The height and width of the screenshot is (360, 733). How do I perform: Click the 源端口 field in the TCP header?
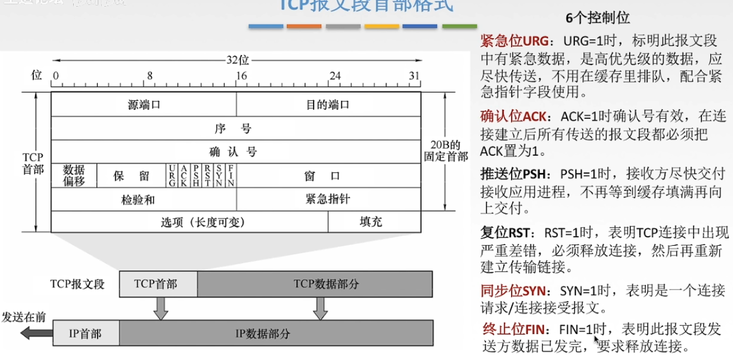(x=144, y=104)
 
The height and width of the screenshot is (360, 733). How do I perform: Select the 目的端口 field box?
(x=328, y=104)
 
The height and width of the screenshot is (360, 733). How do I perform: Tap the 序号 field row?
(x=235, y=128)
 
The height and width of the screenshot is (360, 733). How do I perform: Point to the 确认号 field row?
(x=235, y=151)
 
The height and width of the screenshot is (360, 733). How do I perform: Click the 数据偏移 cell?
(x=74, y=175)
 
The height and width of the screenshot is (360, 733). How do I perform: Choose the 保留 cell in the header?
(x=132, y=175)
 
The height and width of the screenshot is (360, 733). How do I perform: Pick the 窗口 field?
(x=328, y=175)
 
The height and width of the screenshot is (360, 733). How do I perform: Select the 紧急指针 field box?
(x=328, y=199)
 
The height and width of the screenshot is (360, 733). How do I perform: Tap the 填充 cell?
(x=373, y=222)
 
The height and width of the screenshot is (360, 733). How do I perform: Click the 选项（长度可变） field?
(x=189, y=222)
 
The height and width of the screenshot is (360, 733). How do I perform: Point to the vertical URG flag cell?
(x=172, y=175)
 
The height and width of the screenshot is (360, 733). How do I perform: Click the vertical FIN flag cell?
(x=231, y=175)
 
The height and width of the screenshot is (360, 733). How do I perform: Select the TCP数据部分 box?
(x=315, y=284)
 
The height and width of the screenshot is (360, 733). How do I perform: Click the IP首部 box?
(x=85, y=334)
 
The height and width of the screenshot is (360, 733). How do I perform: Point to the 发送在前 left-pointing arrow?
(x=33, y=333)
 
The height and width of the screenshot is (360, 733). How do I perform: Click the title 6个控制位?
(x=598, y=18)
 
